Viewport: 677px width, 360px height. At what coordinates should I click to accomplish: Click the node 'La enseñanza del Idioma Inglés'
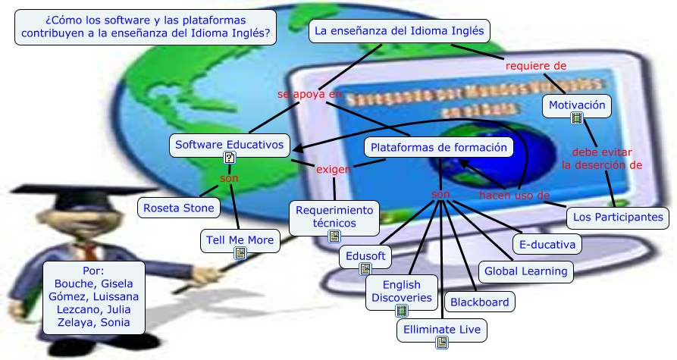400,32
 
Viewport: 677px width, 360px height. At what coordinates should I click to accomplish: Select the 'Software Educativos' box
229,144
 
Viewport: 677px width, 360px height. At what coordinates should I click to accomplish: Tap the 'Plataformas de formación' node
439,147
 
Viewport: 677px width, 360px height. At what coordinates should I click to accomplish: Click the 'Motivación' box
577,105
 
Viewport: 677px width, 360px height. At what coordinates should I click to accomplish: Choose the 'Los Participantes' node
618,218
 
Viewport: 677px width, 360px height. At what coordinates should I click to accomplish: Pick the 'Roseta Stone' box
179,207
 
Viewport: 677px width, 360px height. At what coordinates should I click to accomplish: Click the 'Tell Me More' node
240,241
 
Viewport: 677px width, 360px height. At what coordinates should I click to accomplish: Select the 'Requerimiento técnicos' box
334,217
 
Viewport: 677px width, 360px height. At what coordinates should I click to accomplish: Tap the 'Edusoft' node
365,256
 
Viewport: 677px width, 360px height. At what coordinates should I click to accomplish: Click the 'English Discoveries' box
401,292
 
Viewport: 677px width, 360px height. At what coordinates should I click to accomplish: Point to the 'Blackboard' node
479,302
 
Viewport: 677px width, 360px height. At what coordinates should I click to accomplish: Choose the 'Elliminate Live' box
441,330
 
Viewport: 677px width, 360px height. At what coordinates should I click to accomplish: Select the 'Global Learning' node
525,271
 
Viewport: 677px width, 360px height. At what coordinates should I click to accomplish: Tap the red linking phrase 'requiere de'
536,66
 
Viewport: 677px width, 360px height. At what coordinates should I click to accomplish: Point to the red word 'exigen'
333,169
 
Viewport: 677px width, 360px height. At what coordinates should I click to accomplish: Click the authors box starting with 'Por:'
92,296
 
